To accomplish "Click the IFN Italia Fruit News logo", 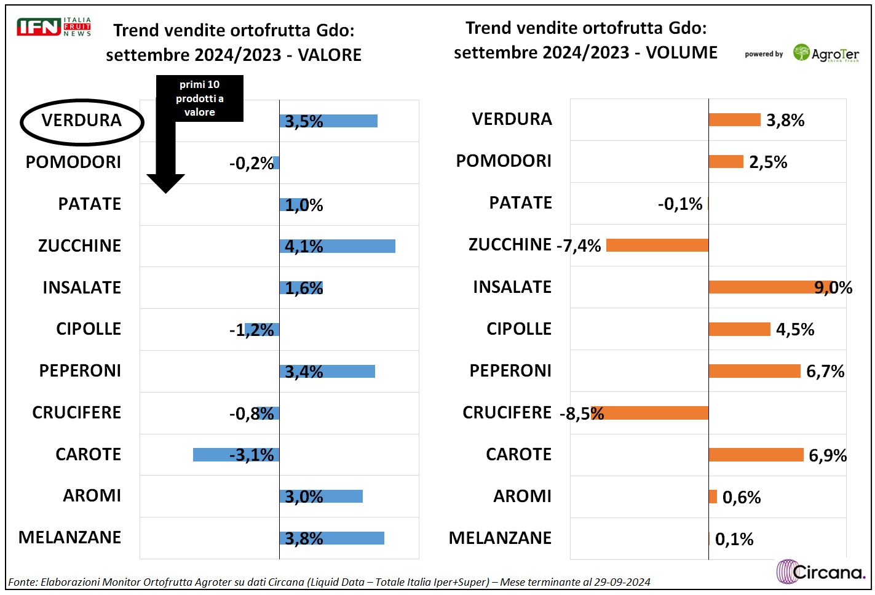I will [53, 27].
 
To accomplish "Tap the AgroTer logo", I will [825, 54].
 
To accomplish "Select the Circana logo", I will [821, 572].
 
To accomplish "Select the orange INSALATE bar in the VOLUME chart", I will [762, 287].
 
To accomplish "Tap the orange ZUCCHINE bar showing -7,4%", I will [657, 246].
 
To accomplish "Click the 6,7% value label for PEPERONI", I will [825, 372].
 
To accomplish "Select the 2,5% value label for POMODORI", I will [768, 162].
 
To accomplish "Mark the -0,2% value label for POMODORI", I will [251, 164].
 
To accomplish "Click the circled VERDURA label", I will [82, 121].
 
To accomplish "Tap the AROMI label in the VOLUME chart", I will [522, 497].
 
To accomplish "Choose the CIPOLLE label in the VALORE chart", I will [89, 329].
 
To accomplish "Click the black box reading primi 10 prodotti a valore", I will [199, 98].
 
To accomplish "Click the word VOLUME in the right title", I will [681, 53].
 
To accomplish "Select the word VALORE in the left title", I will [330, 55].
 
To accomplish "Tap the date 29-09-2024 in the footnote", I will [622, 582].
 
